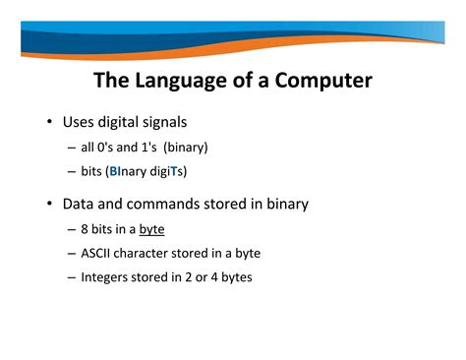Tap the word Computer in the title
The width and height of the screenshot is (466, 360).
pyautogui.click(x=320, y=80)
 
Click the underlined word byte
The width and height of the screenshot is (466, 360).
pyautogui.click(x=151, y=229)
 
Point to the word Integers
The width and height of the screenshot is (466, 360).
pyautogui.click(x=106, y=277)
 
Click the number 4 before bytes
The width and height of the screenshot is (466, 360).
pyautogui.click(x=212, y=277)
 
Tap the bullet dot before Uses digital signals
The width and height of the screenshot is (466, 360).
pyautogui.click(x=48, y=125)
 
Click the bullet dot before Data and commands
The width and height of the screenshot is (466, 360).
pyautogui.click(x=48, y=206)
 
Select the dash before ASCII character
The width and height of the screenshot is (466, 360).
pyautogui.click(x=72, y=253)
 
